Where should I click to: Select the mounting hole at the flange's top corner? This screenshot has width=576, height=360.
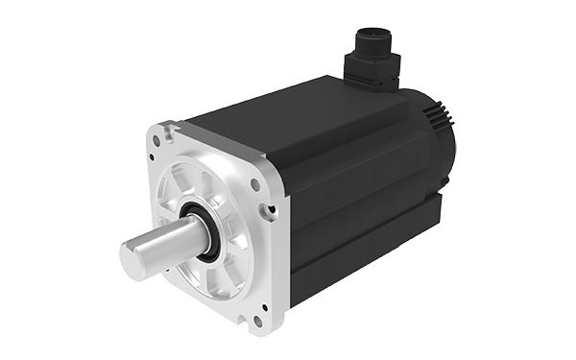point(167,128)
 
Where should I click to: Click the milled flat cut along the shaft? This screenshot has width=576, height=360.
point(163,235)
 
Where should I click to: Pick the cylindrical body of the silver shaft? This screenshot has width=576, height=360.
point(173,245)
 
